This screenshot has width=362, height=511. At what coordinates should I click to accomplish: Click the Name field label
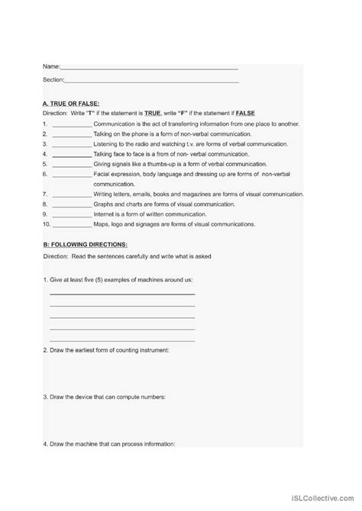tap(51, 66)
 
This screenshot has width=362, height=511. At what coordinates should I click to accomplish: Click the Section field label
tap(53, 79)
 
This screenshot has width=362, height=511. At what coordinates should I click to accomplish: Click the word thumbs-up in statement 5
tap(174, 163)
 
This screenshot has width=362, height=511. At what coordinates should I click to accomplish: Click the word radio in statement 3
tap(148, 143)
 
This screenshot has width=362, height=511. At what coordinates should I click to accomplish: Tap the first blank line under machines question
tap(122, 294)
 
